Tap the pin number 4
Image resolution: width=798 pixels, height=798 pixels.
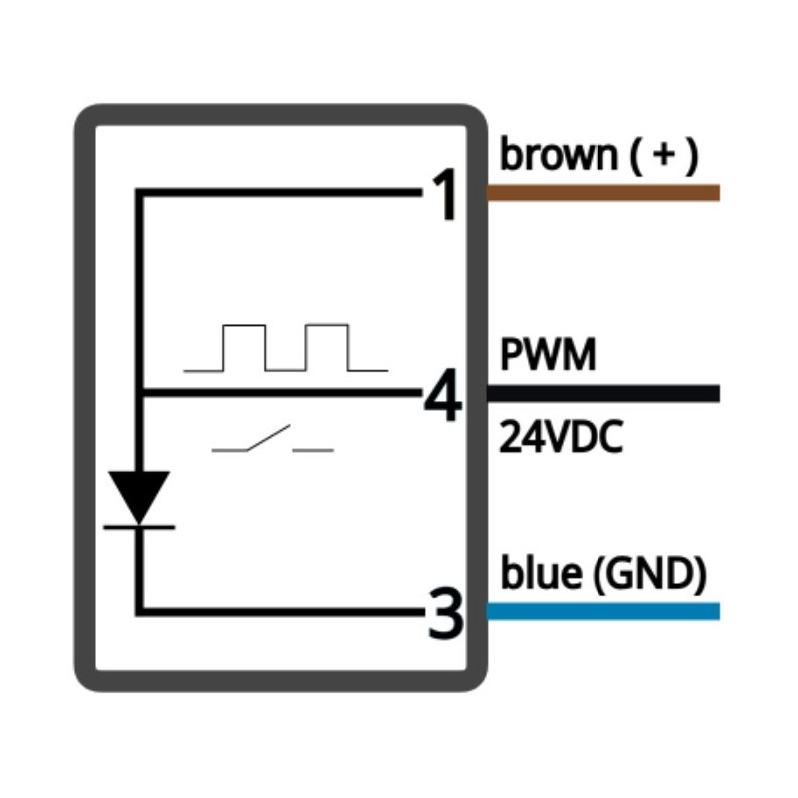click(x=443, y=399)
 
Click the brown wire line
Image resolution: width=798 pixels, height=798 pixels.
click(x=602, y=194)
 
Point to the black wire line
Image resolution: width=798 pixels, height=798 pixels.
click(x=602, y=394)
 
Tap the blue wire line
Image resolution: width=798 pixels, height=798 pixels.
click(x=602, y=611)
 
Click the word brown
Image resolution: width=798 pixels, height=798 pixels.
click(x=559, y=156)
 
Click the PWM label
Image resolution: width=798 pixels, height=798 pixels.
click(x=548, y=355)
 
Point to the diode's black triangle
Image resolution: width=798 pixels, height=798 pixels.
click(x=139, y=494)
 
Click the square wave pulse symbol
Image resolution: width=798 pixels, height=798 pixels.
click(x=285, y=348)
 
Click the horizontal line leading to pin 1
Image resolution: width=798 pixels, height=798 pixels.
click(x=279, y=192)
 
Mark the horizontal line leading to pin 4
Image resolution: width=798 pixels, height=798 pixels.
click(x=279, y=394)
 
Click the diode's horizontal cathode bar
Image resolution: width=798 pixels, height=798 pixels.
click(x=139, y=525)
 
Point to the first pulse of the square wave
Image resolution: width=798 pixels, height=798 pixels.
click(x=244, y=347)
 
